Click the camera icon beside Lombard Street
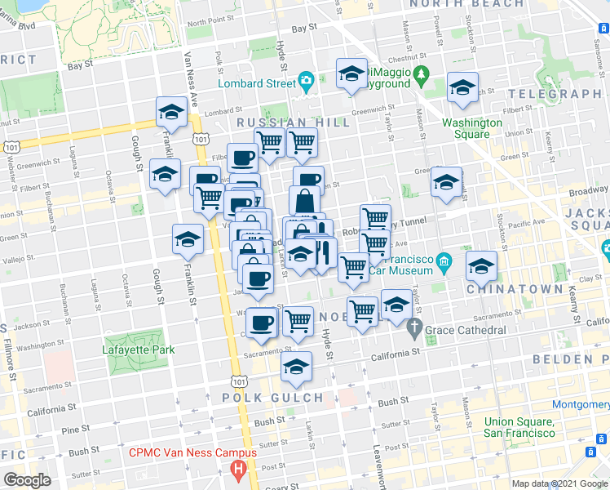pyautogui.click(x=307, y=80)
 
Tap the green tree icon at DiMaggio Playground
pyautogui.click(x=422, y=78)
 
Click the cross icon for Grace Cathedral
pyautogui.click(x=413, y=330)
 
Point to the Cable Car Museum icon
pyautogui.click(x=443, y=261)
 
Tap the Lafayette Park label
pyautogui.click(x=139, y=350)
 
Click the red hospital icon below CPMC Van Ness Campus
pyautogui.click(x=238, y=469)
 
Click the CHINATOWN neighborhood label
pyautogui.click(x=515, y=289)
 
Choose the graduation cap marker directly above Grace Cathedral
pyautogui.click(x=396, y=305)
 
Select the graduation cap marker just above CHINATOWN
pyautogui.click(x=481, y=265)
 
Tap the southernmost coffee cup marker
pyautogui.click(x=262, y=323)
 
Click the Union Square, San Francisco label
pyautogui.click(x=519, y=427)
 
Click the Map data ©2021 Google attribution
pyautogui.click(x=559, y=483)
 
